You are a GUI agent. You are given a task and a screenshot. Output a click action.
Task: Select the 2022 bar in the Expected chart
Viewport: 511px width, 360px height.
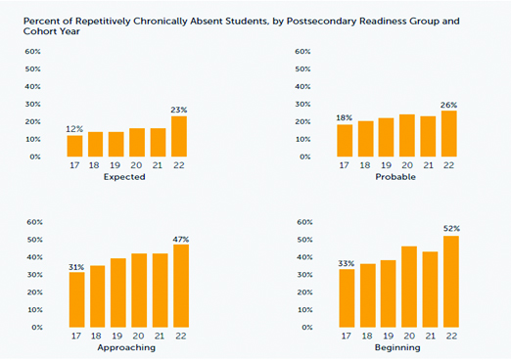179,137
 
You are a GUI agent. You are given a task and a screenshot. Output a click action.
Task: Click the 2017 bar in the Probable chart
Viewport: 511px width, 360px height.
345,140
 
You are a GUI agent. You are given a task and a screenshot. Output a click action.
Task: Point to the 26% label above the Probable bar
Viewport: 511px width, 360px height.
448,105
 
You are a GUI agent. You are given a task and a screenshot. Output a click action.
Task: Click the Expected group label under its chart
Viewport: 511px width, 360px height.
127,177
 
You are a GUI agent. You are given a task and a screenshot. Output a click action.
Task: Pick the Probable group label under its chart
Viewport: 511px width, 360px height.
396,177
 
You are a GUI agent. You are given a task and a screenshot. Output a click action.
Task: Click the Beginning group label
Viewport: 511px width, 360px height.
396,347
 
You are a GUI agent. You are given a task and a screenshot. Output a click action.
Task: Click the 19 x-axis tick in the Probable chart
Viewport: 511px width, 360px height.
387,166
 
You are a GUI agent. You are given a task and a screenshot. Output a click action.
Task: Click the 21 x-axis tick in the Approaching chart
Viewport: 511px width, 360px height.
160,337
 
